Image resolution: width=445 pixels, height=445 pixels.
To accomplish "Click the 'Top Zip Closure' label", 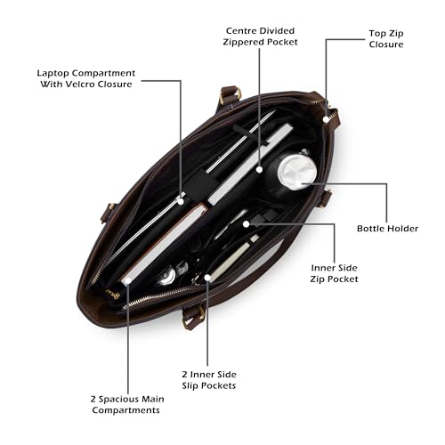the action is click(x=386, y=39).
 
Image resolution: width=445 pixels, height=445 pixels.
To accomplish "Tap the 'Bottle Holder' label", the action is click(x=387, y=229).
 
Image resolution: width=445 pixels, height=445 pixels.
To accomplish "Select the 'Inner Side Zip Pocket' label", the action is click(x=334, y=273).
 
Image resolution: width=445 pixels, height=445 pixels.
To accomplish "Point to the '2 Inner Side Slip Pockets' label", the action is click(x=209, y=380).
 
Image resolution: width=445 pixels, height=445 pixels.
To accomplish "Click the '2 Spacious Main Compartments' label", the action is click(x=127, y=405).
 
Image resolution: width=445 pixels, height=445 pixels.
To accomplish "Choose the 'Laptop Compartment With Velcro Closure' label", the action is click(x=86, y=78).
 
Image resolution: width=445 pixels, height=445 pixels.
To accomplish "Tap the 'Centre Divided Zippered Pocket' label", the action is click(x=260, y=36).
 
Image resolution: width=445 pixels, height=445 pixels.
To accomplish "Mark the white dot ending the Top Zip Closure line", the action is click(x=326, y=119).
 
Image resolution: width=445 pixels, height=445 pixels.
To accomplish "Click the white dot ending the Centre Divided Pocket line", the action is click(x=260, y=170).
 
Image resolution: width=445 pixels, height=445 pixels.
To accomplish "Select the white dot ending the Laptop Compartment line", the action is click(x=181, y=201).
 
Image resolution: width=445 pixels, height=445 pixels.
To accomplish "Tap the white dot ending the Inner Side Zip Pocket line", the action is click(x=246, y=224).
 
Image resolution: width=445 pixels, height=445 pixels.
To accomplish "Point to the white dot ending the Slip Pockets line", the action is click(x=207, y=278).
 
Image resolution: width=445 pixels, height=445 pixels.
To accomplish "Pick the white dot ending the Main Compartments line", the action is click(x=128, y=280).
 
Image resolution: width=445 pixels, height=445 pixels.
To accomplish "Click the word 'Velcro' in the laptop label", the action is click(x=80, y=85).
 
